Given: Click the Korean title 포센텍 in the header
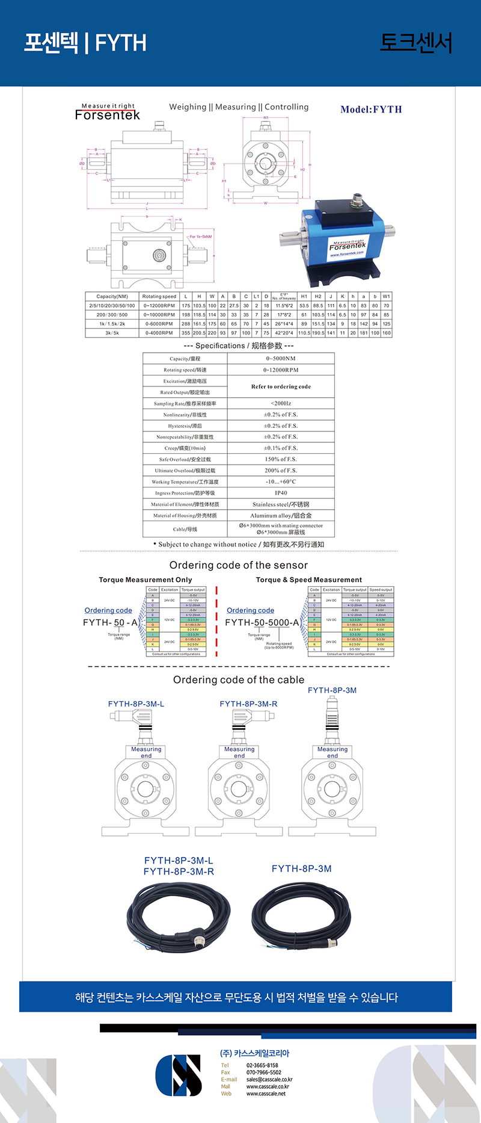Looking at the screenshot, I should pyautogui.click(x=51, y=43).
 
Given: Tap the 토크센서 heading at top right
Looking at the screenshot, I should pyautogui.click(x=415, y=43).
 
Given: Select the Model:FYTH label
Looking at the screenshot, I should pyautogui.click(x=371, y=110).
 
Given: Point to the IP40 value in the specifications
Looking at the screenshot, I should pyautogui.click(x=281, y=493).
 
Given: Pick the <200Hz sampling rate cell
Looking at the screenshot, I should pyautogui.click(x=281, y=403).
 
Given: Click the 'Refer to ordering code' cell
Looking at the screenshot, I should pyautogui.click(x=281, y=386).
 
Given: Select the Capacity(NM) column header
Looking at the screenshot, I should pyautogui.click(x=112, y=296).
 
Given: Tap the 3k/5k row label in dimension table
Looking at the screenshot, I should pyautogui.click(x=112, y=333).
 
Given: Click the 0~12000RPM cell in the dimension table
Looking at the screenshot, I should pyautogui.click(x=159, y=306).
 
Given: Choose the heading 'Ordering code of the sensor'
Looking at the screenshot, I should pyautogui.click(x=239, y=565).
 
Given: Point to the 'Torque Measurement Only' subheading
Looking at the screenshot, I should pyautogui.click(x=146, y=580).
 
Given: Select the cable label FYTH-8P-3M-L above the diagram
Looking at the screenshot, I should pyautogui.click(x=136, y=704).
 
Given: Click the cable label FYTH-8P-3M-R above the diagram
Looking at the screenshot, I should pyautogui.click(x=248, y=704).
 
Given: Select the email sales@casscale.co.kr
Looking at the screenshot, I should pyautogui.click(x=269, y=1080).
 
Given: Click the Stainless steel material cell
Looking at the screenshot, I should pyautogui.click(x=281, y=504).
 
